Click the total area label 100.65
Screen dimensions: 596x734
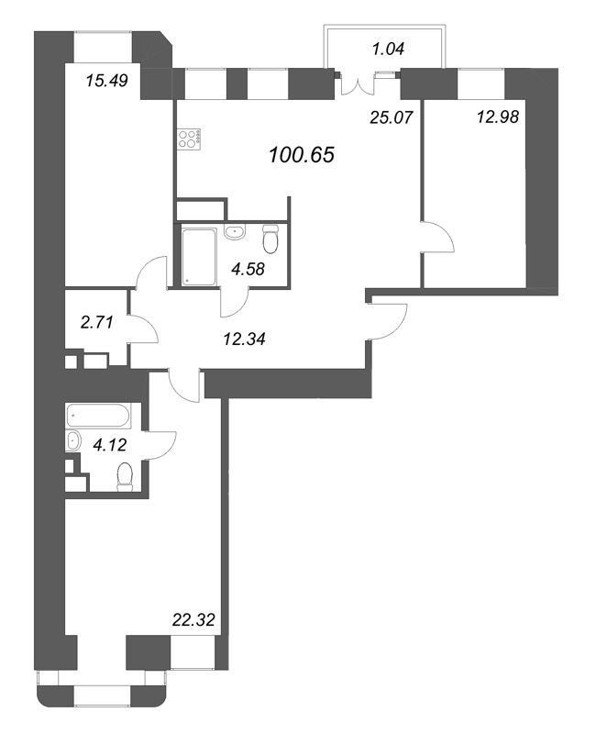pos(302,154)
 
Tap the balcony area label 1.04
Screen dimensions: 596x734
pos(388,49)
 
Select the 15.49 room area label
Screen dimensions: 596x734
pos(107,81)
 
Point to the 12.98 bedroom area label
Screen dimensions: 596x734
pos(498,117)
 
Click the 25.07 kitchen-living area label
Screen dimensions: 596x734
pos(392,117)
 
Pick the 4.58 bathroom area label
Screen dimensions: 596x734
pos(248,269)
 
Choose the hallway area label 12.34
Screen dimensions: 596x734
pos(244,339)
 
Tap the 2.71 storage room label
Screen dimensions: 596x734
pos(97,322)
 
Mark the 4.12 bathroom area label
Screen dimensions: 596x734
pos(110,445)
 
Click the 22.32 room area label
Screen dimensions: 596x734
pos(193,620)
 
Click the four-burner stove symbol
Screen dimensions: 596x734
pos(190,139)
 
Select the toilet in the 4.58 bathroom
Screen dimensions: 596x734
pos(270,239)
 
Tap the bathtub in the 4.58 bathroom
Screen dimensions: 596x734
pos(198,256)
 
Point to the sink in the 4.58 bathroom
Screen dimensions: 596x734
pos(235,232)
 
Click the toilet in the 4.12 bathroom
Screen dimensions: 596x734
pos(125,476)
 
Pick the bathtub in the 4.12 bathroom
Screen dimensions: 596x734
pos(98,416)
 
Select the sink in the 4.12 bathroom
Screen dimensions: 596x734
pos(73,441)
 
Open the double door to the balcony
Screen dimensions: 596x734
pos(359,85)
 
